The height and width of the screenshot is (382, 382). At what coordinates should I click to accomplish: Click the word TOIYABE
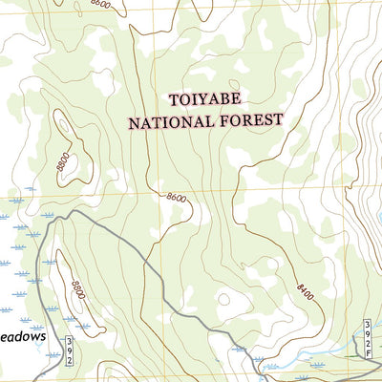pos(204,99)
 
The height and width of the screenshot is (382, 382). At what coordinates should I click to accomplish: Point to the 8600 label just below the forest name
pos(174,197)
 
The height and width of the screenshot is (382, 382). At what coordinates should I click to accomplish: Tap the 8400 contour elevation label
pos(305,286)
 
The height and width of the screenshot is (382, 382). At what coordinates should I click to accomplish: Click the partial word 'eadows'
pos(22,335)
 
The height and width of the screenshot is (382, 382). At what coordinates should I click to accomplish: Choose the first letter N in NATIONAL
pos(135,122)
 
